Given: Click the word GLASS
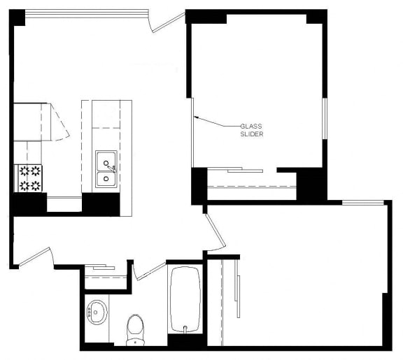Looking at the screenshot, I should click(x=252, y=126).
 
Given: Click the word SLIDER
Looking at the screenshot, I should click(x=252, y=134).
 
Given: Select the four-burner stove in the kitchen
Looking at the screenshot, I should click(x=29, y=178).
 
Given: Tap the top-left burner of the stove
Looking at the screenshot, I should click(x=22, y=170).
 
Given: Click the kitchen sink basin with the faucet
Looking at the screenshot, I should click(x=106, y=162).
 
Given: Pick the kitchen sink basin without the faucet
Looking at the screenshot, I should click(x=106, y=180).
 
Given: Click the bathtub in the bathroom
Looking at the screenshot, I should click(x=185, y=298).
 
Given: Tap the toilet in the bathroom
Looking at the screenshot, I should click(x=134, y=329).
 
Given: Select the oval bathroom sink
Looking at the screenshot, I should click(x=97, y=311).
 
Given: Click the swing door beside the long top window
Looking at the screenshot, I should click(x=168, y=21).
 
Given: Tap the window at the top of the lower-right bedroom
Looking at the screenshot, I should click(x=362, y=203).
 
